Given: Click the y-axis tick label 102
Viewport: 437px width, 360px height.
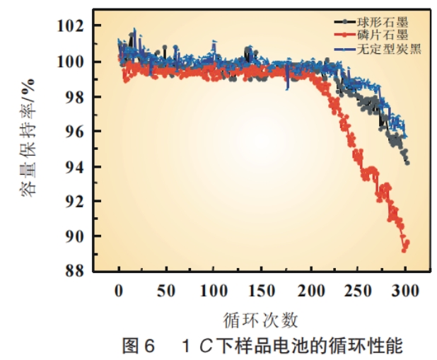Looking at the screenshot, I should point(73,27).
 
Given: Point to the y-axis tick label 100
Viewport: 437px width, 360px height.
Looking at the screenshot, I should point(73,62).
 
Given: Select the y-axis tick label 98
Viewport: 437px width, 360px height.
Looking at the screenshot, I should point(77,97).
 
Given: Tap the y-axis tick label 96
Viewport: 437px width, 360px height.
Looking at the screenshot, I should point(77,132).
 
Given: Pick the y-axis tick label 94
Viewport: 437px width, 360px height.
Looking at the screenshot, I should point(77,167).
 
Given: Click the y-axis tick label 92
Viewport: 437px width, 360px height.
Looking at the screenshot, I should point(77,202).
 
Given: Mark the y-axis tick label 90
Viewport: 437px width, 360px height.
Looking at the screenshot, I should point(77,236).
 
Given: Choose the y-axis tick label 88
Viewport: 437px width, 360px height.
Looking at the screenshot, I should point(77,271).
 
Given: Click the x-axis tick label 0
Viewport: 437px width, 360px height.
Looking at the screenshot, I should point(119,291).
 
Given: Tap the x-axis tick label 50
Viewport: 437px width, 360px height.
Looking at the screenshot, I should point(166,291).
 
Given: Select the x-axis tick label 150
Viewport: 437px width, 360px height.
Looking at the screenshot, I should point(262,291).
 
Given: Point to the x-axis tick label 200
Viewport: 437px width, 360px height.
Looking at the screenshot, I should point(310,291).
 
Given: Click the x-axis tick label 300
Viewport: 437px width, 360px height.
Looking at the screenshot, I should point(405,291).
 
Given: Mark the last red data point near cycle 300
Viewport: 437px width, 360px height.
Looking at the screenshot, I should point(407,243).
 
